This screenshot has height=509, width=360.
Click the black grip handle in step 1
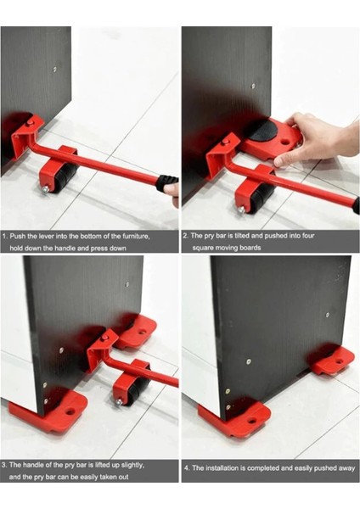[x=166, y=182]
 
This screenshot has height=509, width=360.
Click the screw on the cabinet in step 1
[x=54, y=69]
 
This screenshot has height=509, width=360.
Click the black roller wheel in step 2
[x=263, y=198]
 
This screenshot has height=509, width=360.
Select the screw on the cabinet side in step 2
[x=253, y=86]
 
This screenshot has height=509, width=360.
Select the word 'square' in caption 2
[x=203, y=248]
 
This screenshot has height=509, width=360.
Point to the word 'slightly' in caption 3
[x=132, y=465]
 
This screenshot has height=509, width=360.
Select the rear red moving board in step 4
[x=332, y=361]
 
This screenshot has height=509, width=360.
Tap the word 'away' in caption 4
[x=347, y=468]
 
